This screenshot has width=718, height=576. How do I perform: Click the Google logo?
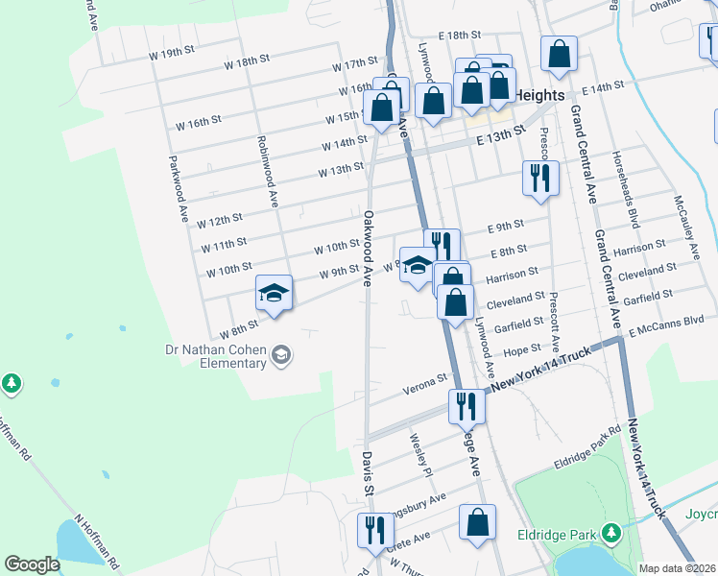tap(32, 564)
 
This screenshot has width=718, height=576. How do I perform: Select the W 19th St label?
tap(172, 55)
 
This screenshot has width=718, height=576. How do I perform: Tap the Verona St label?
tap(430, 381)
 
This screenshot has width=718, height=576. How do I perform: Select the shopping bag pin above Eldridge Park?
tap(477, 522)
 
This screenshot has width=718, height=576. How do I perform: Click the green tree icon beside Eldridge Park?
tap(610, 533)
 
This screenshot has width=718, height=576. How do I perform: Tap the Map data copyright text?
tap(678, 568)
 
